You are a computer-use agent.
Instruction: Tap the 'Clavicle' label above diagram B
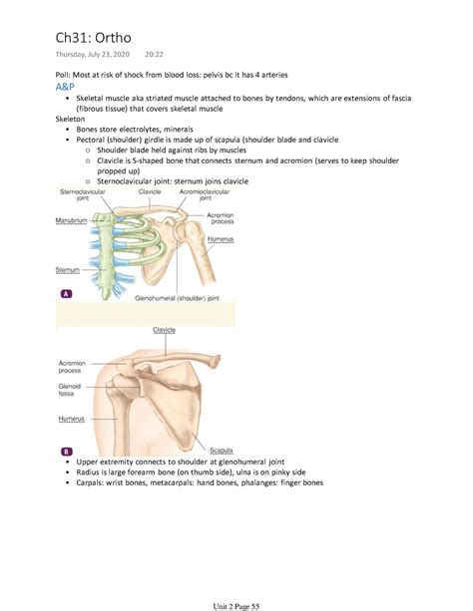(x=165, y=329)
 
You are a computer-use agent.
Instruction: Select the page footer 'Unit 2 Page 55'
(x=236, y=594)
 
